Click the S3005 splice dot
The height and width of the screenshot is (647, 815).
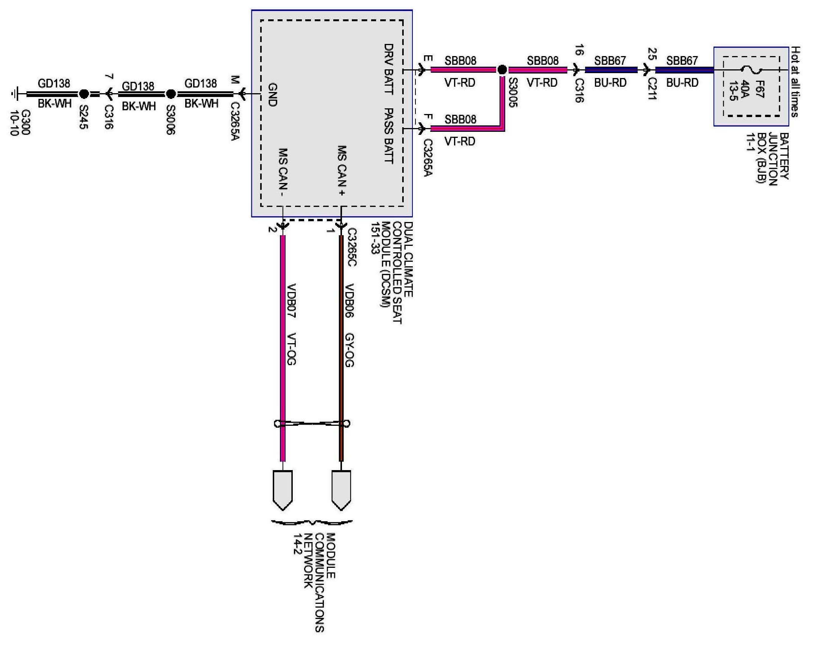click(502, 70)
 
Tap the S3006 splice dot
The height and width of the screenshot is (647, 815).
click(171, 94)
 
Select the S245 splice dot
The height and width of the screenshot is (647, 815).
click(84, 94)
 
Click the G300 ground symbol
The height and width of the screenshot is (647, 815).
click(15, 94)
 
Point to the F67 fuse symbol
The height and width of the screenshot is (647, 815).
click(751, 70)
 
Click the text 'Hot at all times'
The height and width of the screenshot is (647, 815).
click(796, 81)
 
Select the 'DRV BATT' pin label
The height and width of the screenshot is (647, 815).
click(389, 69)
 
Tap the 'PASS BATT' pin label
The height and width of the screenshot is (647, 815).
click(389, 136)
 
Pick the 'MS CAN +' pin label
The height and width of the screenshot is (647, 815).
click(342, 170)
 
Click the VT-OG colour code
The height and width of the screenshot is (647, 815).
click(291, 349)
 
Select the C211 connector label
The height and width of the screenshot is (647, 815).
click(652, 89)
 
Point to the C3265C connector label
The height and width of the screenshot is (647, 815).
click(351, 247)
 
